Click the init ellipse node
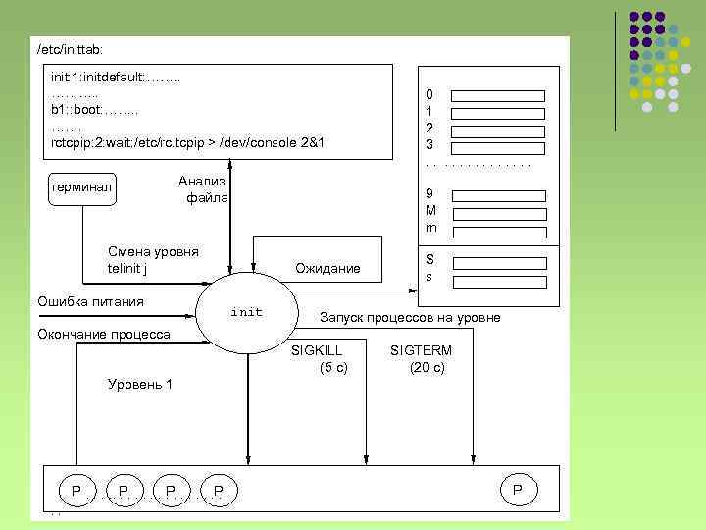[246, 312]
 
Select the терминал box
[82, 187]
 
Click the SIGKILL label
[318, 350]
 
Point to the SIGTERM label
[421, 350]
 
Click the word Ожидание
[328, 269]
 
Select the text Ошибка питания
[90, 301]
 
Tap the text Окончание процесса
[103, 335]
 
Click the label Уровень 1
[139, 384]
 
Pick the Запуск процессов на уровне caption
[410, 317]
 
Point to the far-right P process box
[518, 489]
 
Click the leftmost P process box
[76, 489]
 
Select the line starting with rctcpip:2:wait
[187, 143]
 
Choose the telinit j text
[127, 268]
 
